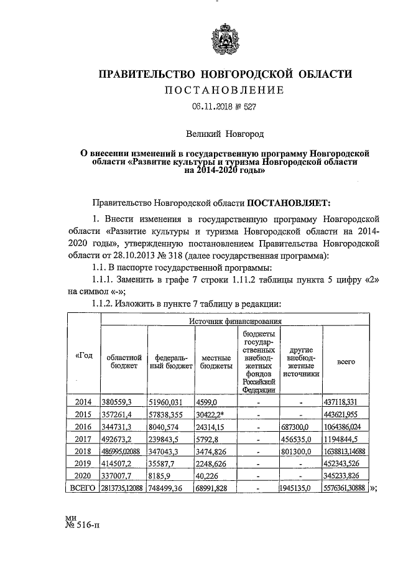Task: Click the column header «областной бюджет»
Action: coord(124,361)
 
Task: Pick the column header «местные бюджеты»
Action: coord(213,361)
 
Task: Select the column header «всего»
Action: coord(346,361)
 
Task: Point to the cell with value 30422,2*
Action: coord(213,414)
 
